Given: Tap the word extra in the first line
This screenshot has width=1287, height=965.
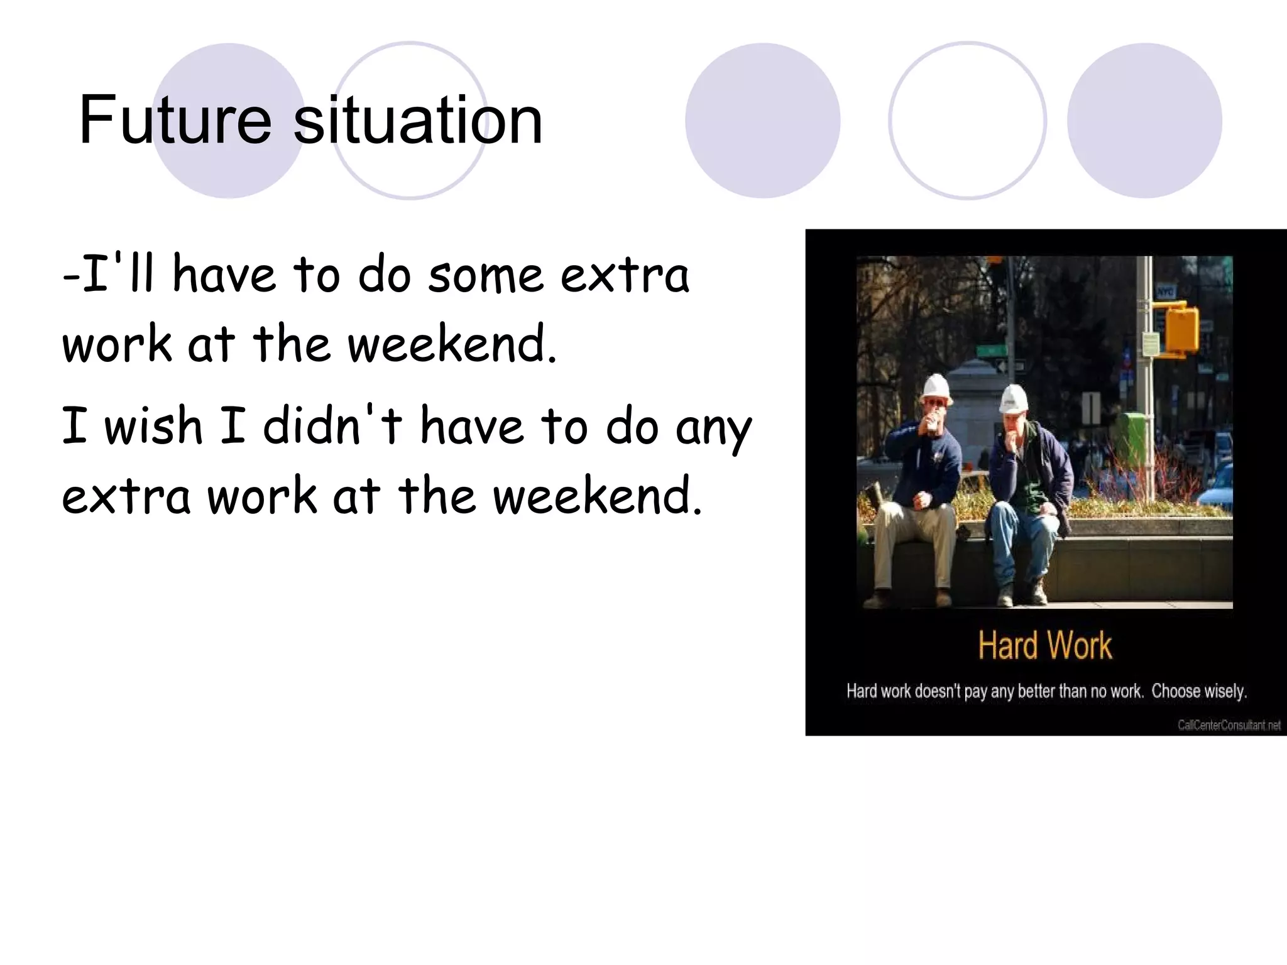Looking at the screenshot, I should [x=625, y=275].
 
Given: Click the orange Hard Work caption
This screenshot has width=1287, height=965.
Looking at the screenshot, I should [x=1044, y=645].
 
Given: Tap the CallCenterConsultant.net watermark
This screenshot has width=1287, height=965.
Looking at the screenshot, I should [x=1229, y=725].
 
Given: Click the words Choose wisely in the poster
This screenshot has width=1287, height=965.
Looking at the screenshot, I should [x=1198, y=691].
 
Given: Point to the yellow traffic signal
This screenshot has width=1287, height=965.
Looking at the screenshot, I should [x=1180, y=328].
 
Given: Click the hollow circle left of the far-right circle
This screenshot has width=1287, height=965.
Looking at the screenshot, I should [x=967, y=121].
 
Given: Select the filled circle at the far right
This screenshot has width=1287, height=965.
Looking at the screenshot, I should [x=1144, y=121].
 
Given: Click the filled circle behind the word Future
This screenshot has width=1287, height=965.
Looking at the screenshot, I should [x=229, y=121].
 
